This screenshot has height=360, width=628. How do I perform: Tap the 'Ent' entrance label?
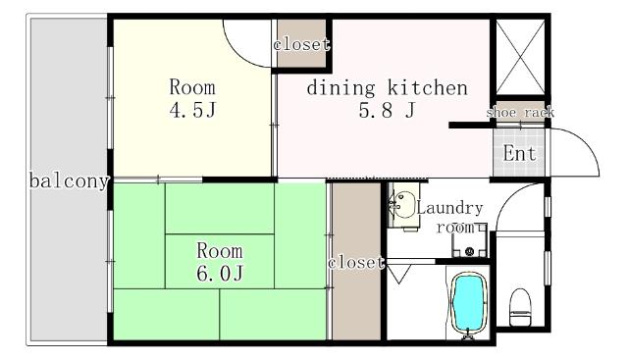pos(519,154)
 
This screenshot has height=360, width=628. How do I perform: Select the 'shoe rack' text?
pos(519,113)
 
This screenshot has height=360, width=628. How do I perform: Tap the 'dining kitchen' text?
pos(386,88)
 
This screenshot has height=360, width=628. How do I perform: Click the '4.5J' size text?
pos(191,108)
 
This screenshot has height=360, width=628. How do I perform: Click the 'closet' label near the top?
pos(301,44)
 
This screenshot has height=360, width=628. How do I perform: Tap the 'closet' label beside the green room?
pos(355,263)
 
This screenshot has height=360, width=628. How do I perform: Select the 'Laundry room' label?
pos(448,217)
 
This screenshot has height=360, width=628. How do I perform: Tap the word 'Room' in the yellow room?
pos(191,85)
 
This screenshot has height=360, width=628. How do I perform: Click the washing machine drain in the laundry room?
pos(470,251)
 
